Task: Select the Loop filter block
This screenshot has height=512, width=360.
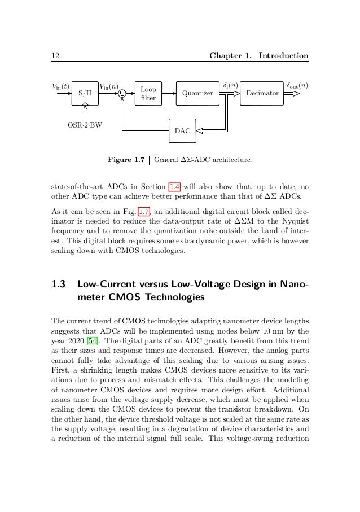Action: click(148, 94)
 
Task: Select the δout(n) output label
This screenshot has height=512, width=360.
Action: click(297, 86)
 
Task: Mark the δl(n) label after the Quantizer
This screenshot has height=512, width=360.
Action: click(231, 86)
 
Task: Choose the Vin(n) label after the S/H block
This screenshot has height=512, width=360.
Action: click(109, 86)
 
